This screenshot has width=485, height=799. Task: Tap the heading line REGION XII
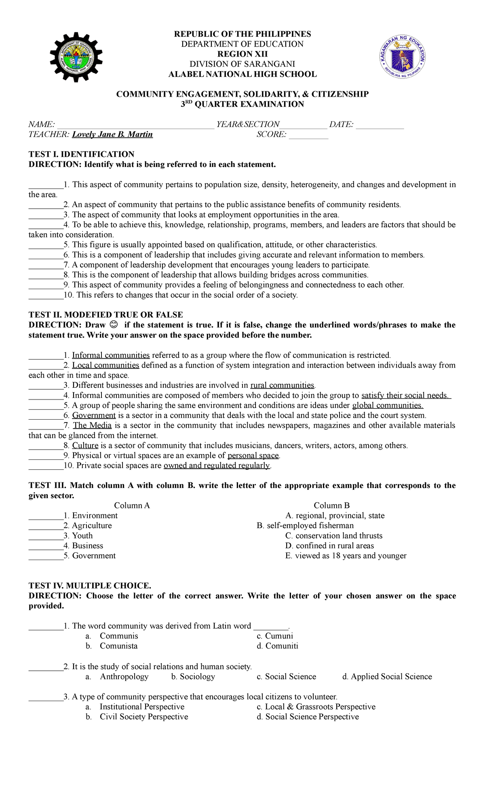(242, 54)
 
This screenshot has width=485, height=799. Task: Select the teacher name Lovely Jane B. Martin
(112, 134)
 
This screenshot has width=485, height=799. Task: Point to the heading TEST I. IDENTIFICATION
(81, 154)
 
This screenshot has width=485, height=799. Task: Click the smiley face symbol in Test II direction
(114, 325)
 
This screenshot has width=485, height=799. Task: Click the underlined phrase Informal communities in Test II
(111, 355)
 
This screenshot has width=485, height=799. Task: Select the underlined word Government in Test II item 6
(94, 415)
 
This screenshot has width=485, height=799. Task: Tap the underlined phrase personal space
(253, 455)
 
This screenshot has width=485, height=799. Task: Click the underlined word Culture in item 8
(85, 445)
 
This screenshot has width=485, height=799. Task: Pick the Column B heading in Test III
(331, 505)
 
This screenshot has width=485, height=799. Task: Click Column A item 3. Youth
(82, 535)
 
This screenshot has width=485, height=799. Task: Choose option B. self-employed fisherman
(305, 525)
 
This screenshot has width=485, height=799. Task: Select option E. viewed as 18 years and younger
(346, 556)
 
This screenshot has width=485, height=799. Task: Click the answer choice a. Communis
(118, 636)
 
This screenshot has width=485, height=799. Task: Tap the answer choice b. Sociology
(193, 676)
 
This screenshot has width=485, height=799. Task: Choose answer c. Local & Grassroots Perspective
(316, 706)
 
